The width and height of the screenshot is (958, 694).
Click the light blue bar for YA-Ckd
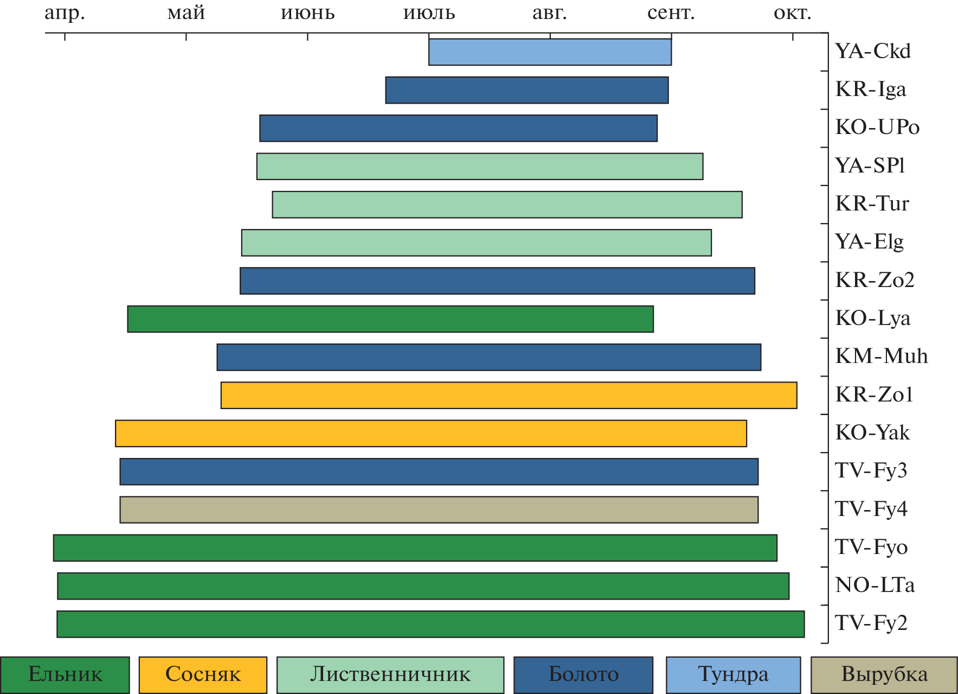point(550,52)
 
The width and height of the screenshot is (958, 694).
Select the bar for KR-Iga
point(526,90)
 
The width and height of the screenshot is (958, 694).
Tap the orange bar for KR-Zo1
point(509,395)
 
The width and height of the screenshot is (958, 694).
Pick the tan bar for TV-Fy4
point(439,510)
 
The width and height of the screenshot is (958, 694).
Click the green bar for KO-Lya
point(390,319)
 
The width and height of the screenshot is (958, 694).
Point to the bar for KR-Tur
point(507,205)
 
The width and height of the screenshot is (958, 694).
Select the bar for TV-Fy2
point(430,624)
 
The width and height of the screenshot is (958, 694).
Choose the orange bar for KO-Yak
point(430,434)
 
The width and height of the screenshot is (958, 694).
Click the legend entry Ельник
point(65,674)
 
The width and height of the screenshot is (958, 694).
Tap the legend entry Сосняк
point(203,674)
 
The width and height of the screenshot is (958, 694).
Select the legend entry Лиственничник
point(390,674)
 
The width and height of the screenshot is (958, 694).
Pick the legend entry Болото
point(583,674)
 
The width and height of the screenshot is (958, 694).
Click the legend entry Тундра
point(733,674)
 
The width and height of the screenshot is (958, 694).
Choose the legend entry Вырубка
point(884,674)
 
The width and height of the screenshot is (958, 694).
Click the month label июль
point(429,13)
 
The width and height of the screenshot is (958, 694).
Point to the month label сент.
point(671,13)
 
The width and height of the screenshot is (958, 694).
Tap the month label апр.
point(65,13)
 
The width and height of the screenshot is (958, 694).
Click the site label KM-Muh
point(882,356)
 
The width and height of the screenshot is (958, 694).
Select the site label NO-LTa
point(875,585)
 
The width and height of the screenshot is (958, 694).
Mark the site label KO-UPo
point(877,128)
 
